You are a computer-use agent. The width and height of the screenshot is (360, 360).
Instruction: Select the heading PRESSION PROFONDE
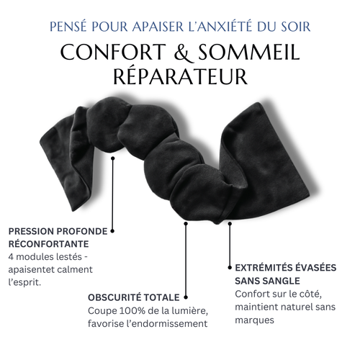pyautogui.click(x=58, y=231)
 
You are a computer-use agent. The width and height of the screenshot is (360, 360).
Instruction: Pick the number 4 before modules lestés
pyautogui.click(x=12, y=257)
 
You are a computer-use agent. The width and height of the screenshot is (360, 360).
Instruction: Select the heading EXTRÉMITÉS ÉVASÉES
pyautogui.click(x=286, y=266)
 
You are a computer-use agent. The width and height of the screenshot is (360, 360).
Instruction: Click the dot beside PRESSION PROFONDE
pyautogui.click(x=113, y=231)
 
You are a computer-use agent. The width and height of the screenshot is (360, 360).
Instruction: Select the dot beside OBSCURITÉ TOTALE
pyautogui.click(x=186, y=297)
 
